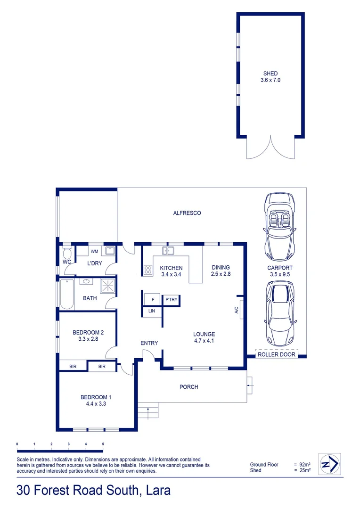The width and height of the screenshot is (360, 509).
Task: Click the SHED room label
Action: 270,74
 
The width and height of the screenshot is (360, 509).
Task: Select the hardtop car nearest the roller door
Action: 280,313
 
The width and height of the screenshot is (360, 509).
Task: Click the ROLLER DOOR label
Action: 276,354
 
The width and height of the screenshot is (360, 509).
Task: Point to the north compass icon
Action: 329,465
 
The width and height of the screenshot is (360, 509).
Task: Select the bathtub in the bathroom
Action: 67,294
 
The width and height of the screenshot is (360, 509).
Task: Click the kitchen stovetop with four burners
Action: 148,271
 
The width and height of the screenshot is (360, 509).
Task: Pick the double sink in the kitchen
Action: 168,250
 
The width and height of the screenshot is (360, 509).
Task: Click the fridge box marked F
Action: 152,299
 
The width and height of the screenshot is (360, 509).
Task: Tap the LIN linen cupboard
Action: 152,311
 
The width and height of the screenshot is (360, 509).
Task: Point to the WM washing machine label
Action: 94,251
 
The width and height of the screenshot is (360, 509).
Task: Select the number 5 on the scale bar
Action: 103,444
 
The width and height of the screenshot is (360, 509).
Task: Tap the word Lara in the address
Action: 156,490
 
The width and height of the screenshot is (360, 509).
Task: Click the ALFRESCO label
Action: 187,213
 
